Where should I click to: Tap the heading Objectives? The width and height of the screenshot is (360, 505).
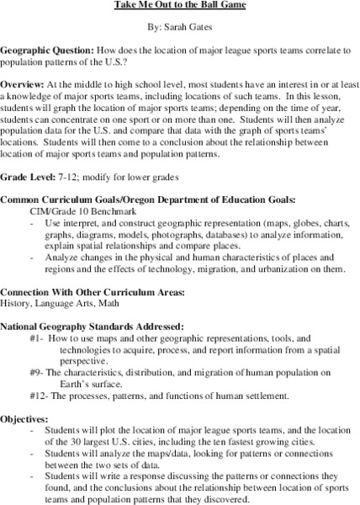[x=29, y=417]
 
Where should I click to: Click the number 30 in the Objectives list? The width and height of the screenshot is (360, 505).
[x=82, y=440]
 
